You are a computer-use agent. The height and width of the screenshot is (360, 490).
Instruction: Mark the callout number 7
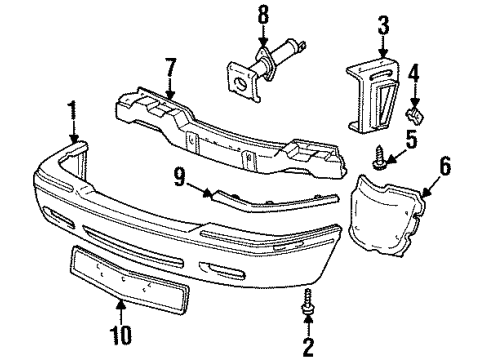tap(169, 72)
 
